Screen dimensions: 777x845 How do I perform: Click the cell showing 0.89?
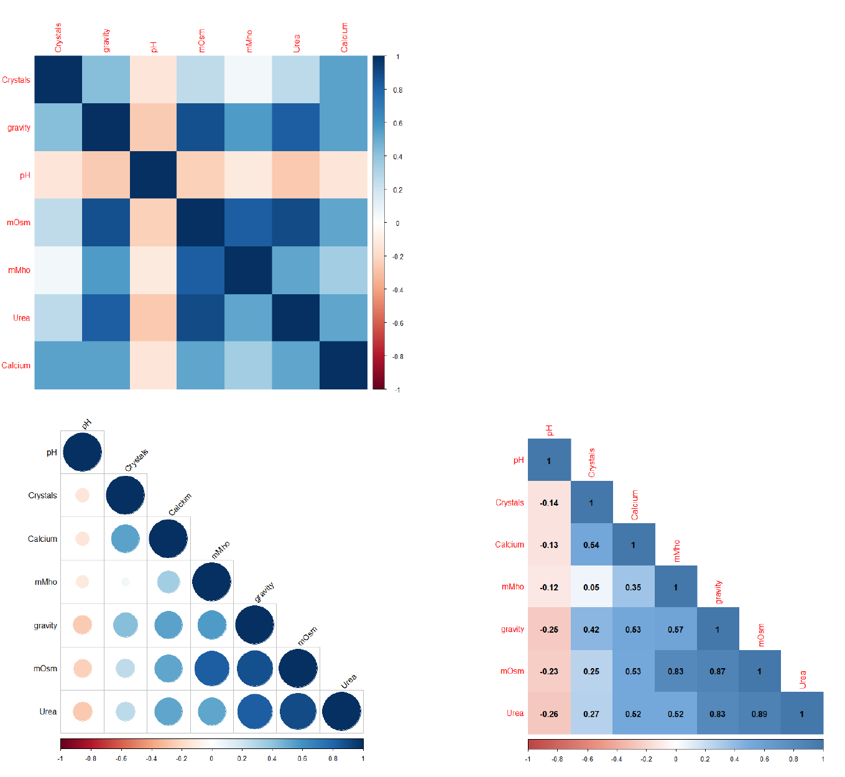759,714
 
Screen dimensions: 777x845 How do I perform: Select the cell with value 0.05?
591,587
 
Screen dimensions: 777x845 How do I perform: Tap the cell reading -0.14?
549,503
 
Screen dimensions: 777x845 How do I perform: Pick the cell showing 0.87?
718,671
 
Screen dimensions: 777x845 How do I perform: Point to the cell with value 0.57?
676,629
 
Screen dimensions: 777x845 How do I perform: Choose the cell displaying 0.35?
633,587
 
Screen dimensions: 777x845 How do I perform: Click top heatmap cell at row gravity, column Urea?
295,128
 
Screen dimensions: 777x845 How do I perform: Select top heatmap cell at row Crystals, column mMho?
248,80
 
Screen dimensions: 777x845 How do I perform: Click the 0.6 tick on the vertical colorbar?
398,123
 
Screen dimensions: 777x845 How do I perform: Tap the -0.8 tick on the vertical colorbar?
398,356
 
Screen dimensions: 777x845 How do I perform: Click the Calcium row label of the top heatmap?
16,365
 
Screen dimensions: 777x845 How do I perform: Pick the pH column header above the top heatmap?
154,47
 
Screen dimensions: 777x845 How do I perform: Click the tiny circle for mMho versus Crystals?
126,582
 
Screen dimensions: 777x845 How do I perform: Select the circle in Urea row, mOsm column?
298,712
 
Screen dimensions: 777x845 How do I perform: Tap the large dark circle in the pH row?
82,452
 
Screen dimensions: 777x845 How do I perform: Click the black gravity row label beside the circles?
45,625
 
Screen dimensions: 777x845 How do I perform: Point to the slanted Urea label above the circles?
349,681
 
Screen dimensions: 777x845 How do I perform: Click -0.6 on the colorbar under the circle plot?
121,758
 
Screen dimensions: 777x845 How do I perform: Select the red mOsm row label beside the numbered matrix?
512,671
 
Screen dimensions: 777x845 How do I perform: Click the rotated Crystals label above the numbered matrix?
591,463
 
